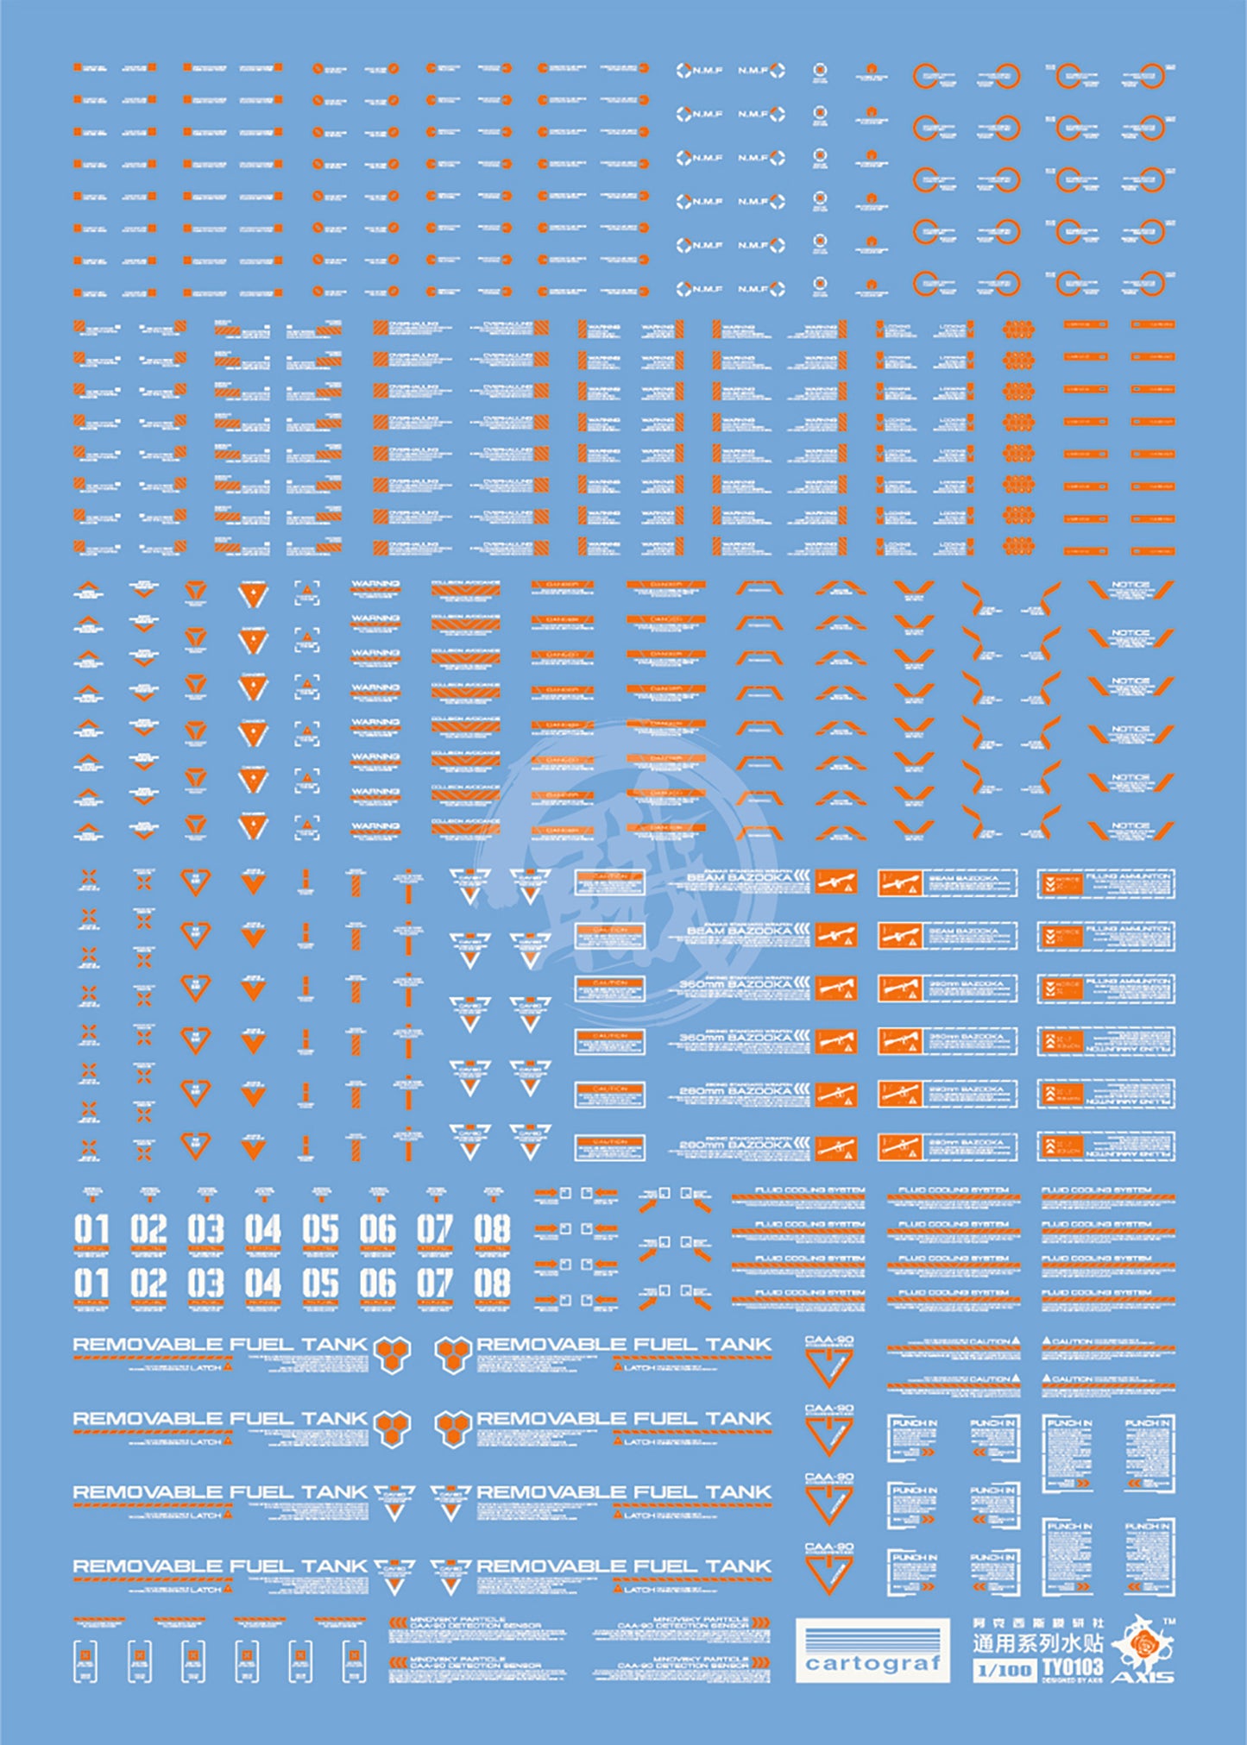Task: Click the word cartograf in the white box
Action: coord(872,1662)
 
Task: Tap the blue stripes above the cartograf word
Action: coord(872,1636)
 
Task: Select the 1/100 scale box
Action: coord(1004,1670)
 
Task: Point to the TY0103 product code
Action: coord(1072,1667)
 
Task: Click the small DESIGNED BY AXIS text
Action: coord(1072,1679)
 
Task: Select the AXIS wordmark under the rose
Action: coord(1142,1676)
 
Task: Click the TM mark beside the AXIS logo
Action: coord(1169,1622)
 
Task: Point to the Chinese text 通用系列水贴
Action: coord(1037,1643)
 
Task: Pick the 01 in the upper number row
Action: coord(91,1229)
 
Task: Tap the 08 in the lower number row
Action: coord(492,1284)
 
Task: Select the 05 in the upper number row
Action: coord(320,1229)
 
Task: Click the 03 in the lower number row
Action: coord(205,1284)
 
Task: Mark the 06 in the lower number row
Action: coord(377,1284)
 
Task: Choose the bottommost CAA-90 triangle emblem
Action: coord(828,1572)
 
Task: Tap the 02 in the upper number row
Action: coord(148,1229)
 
